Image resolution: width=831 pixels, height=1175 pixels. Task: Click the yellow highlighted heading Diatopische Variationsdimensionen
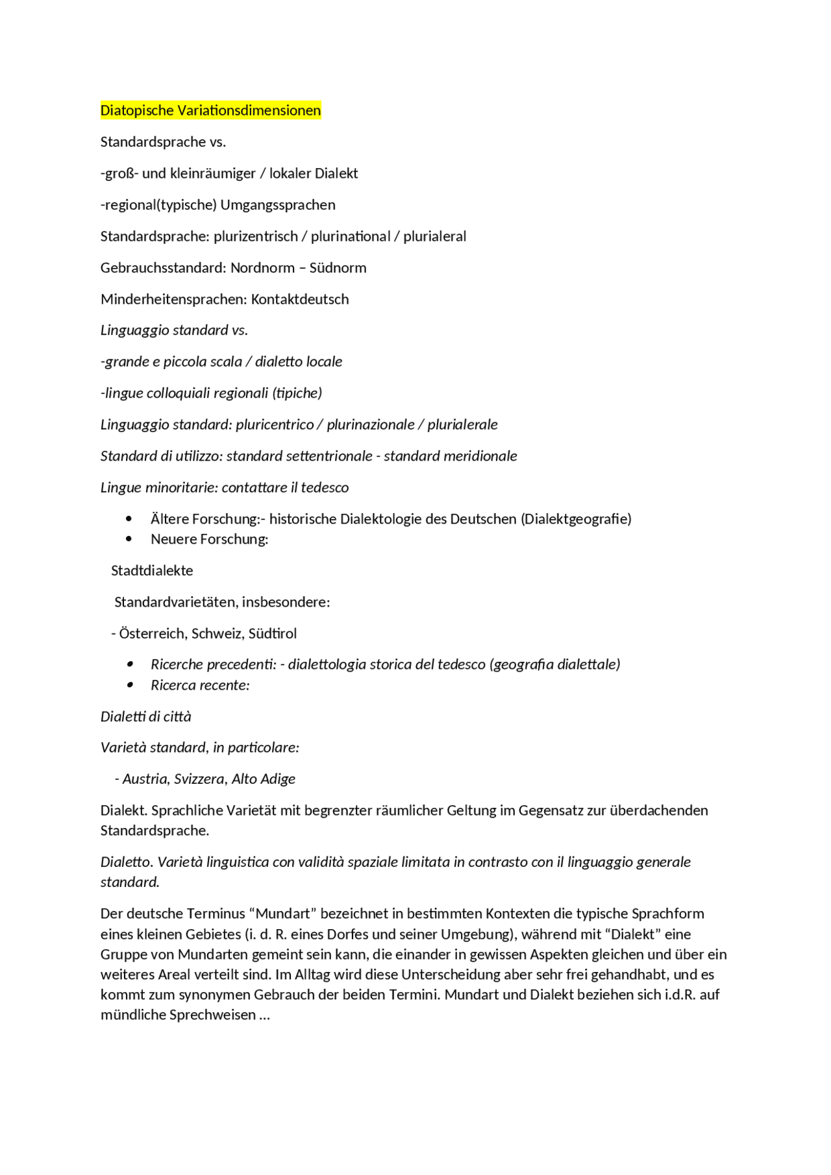point(210,110)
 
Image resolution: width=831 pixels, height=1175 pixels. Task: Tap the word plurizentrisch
point(255,237)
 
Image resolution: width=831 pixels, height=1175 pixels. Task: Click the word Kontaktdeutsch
point(299,300)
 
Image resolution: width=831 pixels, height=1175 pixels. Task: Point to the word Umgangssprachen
point(278,205)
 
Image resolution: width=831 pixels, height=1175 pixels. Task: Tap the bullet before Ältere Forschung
point(129,519)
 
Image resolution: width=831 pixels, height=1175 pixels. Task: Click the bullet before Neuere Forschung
point(129,539)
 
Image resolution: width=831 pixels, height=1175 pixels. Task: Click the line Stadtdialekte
point(152,571)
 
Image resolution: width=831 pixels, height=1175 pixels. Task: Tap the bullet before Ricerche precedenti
point(130,664)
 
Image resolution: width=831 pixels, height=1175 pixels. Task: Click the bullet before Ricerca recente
point(130,685)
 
